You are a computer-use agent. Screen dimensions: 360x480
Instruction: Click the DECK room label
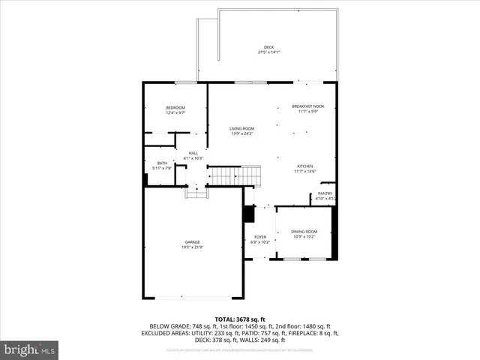(x=268, y=47)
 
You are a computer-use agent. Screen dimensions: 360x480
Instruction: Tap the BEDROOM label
(x=175, y=108)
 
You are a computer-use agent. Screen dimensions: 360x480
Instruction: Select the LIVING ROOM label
(x=241, y=128)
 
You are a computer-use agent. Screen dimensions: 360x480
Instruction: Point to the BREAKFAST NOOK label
(x=307, y=106)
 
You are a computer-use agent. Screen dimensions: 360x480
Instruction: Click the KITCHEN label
(x=304, y=166)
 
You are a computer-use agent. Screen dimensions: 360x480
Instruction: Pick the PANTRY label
(x=325, y=193)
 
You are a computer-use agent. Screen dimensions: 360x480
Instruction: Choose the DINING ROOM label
(x=304, y=231)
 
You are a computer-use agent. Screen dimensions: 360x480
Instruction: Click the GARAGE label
(x=193, y=241)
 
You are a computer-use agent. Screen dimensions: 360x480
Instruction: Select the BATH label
(x=162, y=163)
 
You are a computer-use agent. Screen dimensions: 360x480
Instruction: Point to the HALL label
(x=193, y=153)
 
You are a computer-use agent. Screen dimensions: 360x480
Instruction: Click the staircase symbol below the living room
(x=234, y=177)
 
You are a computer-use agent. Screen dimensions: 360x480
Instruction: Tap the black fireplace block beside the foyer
(x=247, y=214)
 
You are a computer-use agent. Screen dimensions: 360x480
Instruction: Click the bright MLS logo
(x=30, y=349)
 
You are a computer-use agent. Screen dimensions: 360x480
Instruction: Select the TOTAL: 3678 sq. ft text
(x=240, y=319)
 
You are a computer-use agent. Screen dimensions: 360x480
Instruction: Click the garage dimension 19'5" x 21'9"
(x=193, y=247)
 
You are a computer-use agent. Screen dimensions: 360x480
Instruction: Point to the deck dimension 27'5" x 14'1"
(x=268, y=52)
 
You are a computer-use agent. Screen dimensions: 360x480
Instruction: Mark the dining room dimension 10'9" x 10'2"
(x=304, y=236)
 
